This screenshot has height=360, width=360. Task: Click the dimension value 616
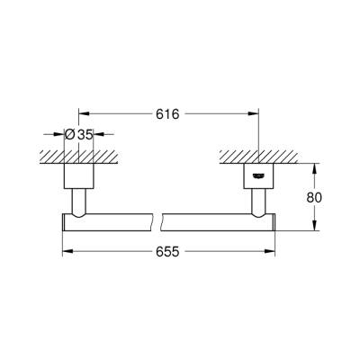click(169, 114)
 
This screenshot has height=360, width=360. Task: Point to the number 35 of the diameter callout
click(85, 135)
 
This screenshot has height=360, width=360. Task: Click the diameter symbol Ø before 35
click(70, 135)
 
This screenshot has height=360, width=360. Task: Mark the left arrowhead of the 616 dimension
click(85, 114)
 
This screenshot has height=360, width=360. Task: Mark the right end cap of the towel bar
click(270, 220)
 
